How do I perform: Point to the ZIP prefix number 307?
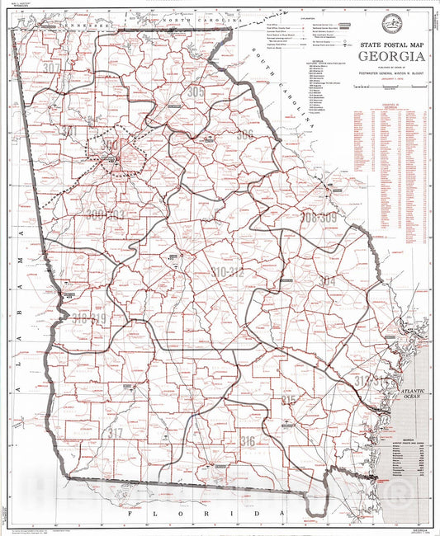(x=52, y=68)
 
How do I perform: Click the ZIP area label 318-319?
(x=89, y=318)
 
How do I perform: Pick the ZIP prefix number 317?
(x=115, y=433)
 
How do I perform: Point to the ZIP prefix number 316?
(x=248, y=441)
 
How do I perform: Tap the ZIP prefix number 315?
(x=288, y=401)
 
